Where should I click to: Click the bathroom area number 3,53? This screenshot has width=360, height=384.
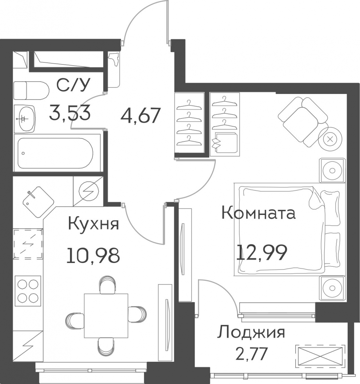pyautogui.click(x=70, y=113)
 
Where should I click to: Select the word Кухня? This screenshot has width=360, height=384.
pyautogui.click(x=94, y=224)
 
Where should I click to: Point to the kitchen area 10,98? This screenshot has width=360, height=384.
pyautogui.click(x=93, y=255)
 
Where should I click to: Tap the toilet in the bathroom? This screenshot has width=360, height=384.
pyautogui.click(x=31, y=91)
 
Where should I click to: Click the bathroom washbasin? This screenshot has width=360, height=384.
pyautogui.click(x=24, y=119)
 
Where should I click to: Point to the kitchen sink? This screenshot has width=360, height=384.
pyautogui.click(x=38, y=199)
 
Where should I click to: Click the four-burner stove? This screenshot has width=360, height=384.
pyautogui.click(x=28, y=291)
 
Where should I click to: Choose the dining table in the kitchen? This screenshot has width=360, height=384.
pyautogui.click(x=106, y=315)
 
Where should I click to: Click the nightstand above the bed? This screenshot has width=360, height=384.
pyautogui.click(x=332, y=170)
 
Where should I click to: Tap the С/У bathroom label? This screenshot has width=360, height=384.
pyautogui.click(x=73, y=85)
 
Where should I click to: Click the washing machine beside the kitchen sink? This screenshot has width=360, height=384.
pyautogui.click(x=88, y=191)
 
